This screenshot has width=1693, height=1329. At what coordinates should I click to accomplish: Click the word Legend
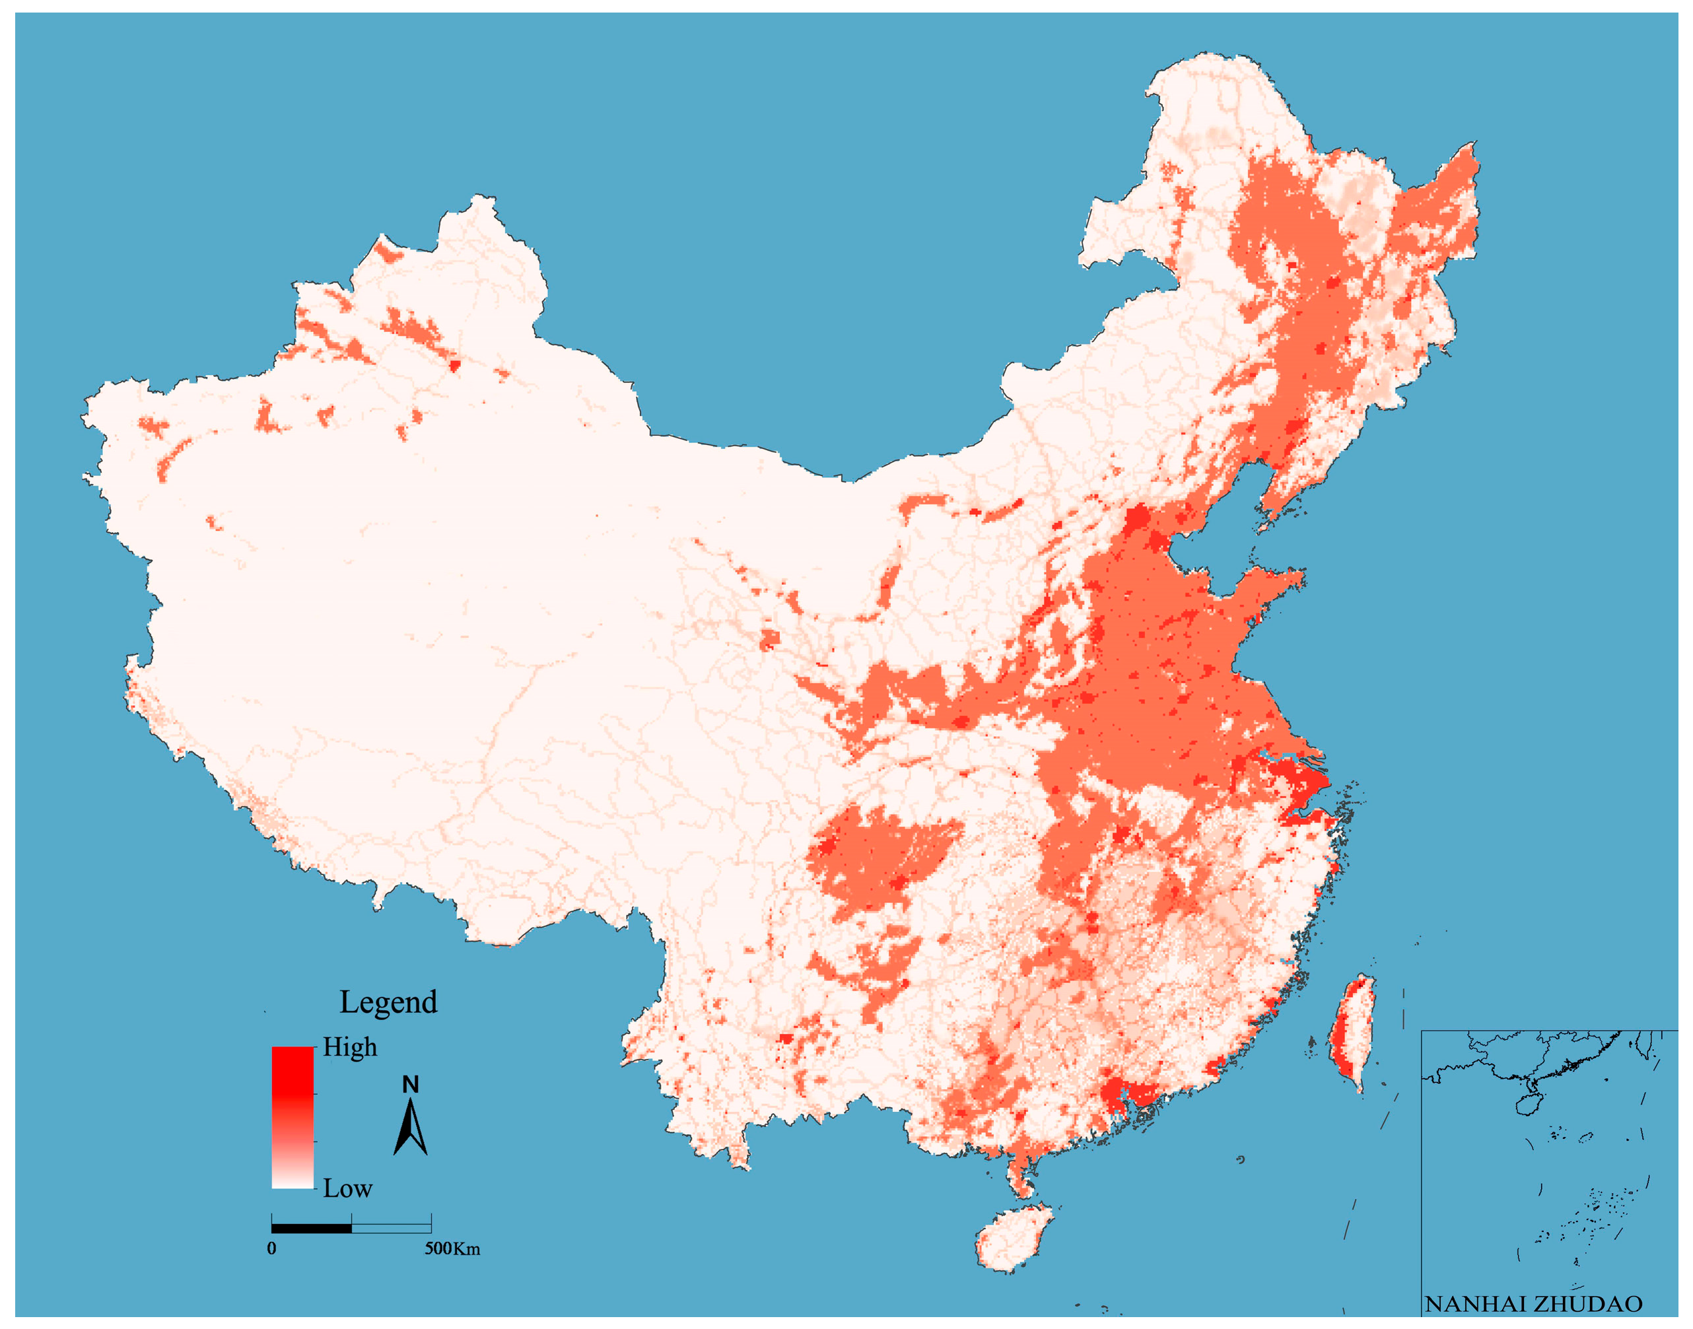pos(388,1002)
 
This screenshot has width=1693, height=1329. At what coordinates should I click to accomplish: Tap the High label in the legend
pos(350,1047)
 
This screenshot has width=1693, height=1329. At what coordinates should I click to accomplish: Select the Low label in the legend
pos(347,1188)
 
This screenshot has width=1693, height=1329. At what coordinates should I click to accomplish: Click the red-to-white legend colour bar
pos(293,1117)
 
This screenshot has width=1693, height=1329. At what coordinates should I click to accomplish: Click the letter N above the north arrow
pos(411,1084)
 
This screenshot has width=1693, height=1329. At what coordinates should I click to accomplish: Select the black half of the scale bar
pos(311,1228)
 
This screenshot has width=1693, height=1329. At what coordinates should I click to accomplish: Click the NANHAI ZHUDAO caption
pos(1533,1303)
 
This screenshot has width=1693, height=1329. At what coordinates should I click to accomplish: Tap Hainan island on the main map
pos(1012,1237)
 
